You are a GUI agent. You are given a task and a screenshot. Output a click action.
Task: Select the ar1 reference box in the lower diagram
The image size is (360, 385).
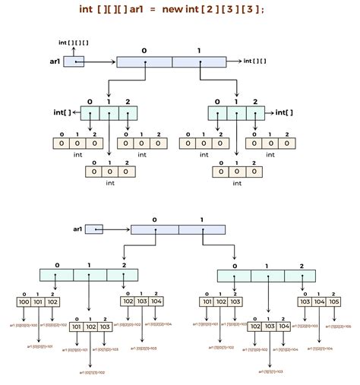(x=94, y=229)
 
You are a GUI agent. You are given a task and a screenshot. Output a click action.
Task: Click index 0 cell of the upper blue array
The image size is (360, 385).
(x=144, y=61)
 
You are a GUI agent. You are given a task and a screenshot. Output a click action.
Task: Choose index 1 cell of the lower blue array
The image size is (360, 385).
(x=202, y=229)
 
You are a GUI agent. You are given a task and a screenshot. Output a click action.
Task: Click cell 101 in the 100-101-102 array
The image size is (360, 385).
(x=39, y=301)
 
